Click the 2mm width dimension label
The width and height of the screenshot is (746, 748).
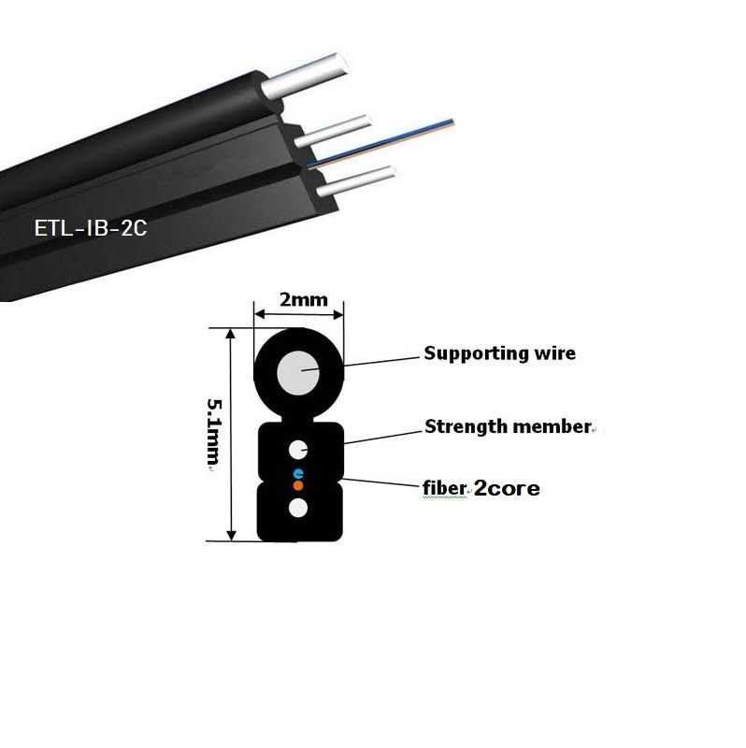pos(299,302)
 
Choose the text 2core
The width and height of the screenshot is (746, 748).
pos(508,487)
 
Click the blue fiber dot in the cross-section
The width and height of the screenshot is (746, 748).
pos(298,474)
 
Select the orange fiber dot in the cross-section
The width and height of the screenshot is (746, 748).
pos(298,485)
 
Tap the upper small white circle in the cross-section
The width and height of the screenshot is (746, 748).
pos(298,449)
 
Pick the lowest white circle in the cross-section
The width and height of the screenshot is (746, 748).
pos(298,509)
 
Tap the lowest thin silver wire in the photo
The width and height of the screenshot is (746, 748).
pos(355,180)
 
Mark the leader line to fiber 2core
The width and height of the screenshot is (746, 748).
pos(383,481)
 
